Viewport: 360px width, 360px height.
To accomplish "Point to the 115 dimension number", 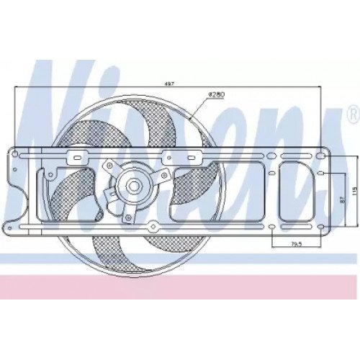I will tap(353, 190).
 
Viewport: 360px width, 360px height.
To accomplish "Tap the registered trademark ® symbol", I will tap(352, 112).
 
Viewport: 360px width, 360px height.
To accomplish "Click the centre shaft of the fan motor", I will tap(133, 186).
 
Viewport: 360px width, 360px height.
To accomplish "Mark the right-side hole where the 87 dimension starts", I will tap(320, 174).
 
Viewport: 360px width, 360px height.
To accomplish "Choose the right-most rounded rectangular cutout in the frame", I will tap(297, 189).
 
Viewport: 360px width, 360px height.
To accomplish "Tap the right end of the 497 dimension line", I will tap(322, 88).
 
